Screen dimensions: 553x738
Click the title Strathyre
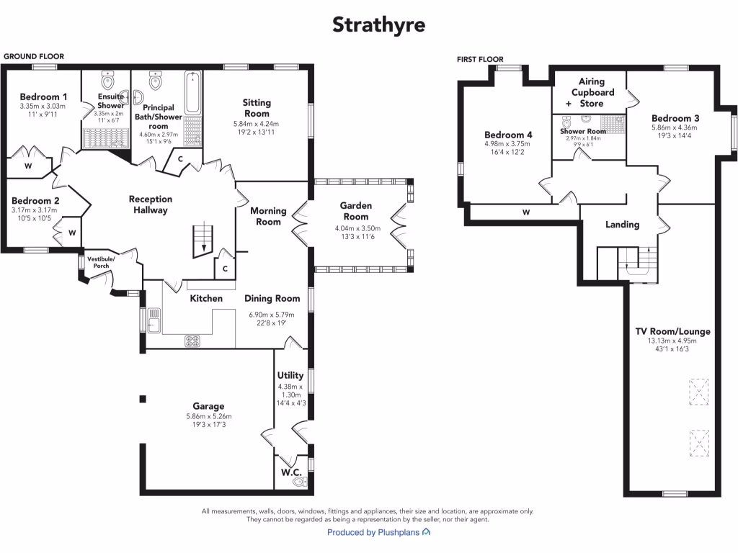pos(378,25)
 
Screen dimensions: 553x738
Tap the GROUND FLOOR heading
pos(34,56)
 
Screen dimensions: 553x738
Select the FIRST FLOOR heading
pos(481,59)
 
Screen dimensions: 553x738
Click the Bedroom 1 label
pos(44,97)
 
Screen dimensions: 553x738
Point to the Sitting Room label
pos(257,108)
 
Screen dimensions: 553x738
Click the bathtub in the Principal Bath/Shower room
pos(193,94)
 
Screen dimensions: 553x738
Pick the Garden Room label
pos(356,211)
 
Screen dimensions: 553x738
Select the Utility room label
pos(290,375)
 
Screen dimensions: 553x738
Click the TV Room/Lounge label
pos(672,331)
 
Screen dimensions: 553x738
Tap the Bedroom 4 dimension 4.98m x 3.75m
pos(509,143)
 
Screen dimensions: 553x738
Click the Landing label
pos(622,224)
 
